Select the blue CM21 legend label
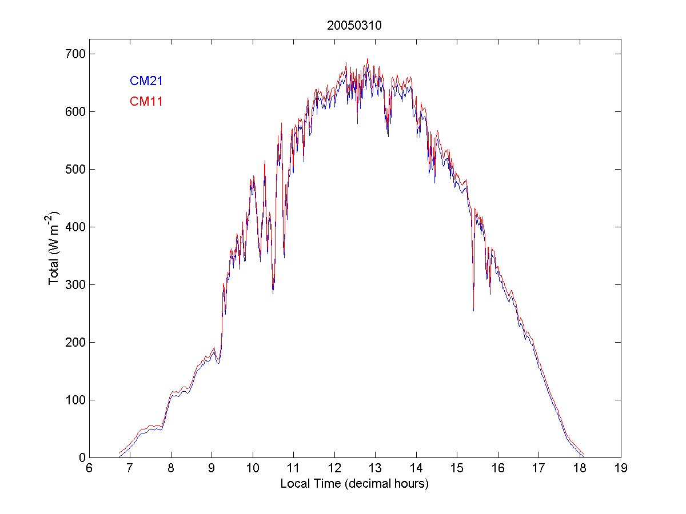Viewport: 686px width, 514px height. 146,81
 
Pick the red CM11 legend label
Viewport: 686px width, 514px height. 146,102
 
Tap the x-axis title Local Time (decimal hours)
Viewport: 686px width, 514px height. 354,484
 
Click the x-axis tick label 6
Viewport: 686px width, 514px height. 89,468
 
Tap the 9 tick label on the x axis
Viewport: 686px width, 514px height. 212,468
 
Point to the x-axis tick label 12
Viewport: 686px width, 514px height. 334,468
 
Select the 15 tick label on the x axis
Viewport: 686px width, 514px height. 457,468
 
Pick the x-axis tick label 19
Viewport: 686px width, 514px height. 621,468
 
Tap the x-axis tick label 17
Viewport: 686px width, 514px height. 539,468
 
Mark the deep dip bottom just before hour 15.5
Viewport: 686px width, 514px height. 473,310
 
